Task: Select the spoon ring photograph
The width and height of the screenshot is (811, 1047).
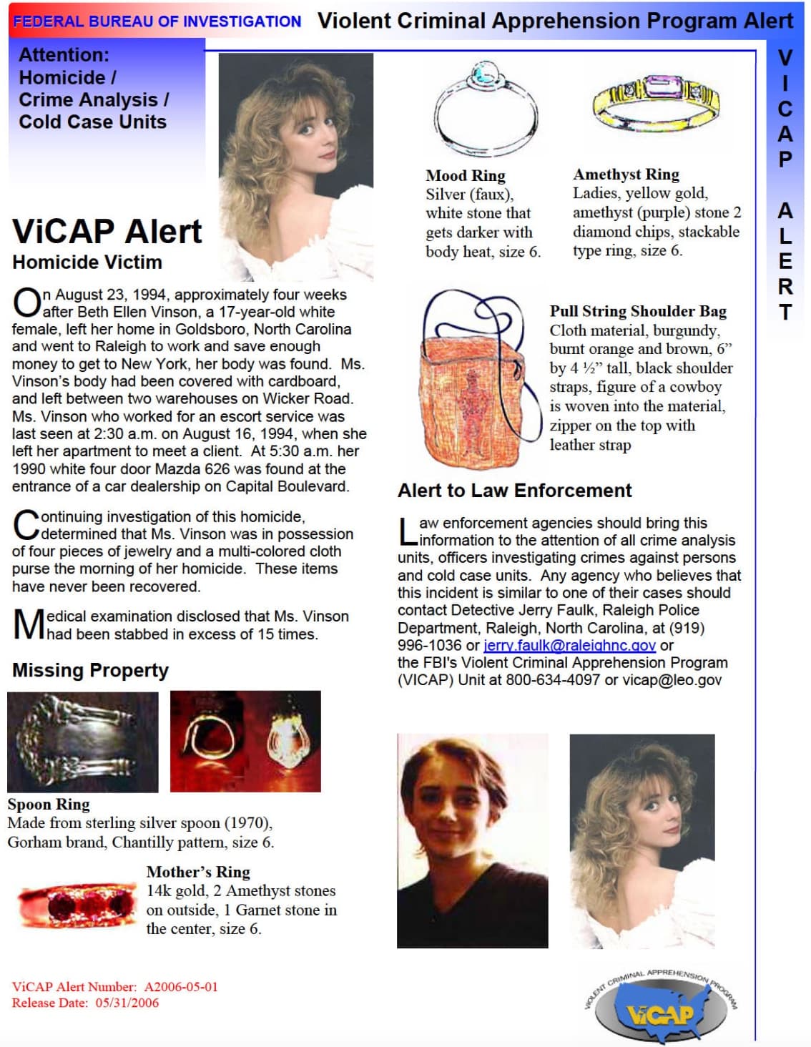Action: [x=82, y=742]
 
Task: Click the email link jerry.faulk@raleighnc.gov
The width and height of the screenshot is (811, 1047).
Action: [x=569, y=645]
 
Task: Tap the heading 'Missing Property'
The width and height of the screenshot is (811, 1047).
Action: [x=90, y=670]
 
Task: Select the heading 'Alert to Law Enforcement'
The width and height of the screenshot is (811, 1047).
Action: [x=514, y=491]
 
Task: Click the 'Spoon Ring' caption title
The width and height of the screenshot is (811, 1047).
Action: [x=49, y=804]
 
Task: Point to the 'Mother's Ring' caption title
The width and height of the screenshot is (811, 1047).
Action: [x=198, y=872]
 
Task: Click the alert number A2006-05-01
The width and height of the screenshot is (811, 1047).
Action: [x=181, y=987]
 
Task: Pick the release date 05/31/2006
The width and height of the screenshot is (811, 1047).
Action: [x=127, y=1003]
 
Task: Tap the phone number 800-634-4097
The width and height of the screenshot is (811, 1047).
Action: [x=553, y=680]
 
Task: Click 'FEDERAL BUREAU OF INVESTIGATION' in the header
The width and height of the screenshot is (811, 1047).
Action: [x=157, y=21]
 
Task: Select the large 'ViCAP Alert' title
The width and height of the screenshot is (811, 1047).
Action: [x=107, y=231]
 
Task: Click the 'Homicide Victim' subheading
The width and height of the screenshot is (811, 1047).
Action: [x=87, y=262]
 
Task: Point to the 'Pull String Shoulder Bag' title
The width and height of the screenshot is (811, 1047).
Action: [x=638, y=311]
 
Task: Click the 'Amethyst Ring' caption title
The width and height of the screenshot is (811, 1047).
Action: [x=626, y=174]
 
